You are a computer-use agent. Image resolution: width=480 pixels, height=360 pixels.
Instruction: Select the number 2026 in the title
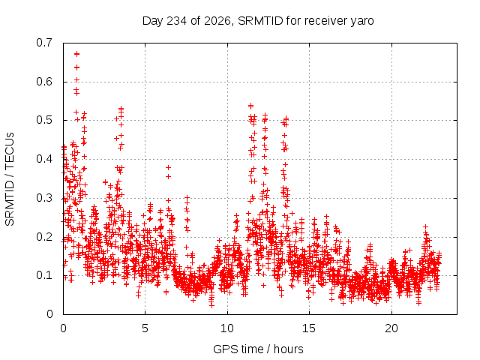pyautogui.click(x=217, y=21)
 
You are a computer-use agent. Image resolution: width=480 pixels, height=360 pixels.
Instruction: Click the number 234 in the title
pyautogui.click(x=176, y=21)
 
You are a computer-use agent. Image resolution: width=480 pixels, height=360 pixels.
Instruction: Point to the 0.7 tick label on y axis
pyautogui.click(x=44, y=43)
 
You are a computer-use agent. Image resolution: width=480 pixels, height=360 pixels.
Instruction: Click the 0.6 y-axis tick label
pyautogui.click(x=44, y=82)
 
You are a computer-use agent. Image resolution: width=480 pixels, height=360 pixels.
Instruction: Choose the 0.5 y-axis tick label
pyautogui.click(x=44, y=120)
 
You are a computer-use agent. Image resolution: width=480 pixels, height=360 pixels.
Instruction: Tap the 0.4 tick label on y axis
pyautogui.click(x=44, y=159)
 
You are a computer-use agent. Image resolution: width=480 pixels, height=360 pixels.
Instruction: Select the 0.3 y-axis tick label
pyautogui.click(x=44, y=198)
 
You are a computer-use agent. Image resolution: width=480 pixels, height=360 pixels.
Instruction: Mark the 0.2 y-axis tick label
pyautogui.click(x=44, y=237)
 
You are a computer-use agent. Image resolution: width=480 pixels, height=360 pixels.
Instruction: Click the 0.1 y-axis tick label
pyautogui.click(x=44, y=275)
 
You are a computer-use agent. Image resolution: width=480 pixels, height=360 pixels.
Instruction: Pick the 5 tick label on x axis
pyautogui.click(x=145, y=328)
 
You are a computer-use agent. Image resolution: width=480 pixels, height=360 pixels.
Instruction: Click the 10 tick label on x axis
pyautogui.click(x=227, y=328)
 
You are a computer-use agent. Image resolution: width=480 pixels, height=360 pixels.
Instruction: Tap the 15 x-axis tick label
pyautogui.click(x=309, y=328)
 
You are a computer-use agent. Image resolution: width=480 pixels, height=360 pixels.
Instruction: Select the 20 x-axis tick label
pyautogui.click(x=391, y=328)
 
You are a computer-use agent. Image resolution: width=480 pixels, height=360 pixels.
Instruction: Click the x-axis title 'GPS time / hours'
pyautogui.click(x=258, y=349)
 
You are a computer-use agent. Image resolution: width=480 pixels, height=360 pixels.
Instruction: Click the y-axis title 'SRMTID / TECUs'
pyautogui.click(x=10, y=179)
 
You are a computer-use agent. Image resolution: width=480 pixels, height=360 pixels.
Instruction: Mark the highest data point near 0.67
pyautogui.click(x=76, y=54)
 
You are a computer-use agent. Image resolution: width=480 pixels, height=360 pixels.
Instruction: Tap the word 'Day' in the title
pyautogui.click(x=153, y=22)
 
